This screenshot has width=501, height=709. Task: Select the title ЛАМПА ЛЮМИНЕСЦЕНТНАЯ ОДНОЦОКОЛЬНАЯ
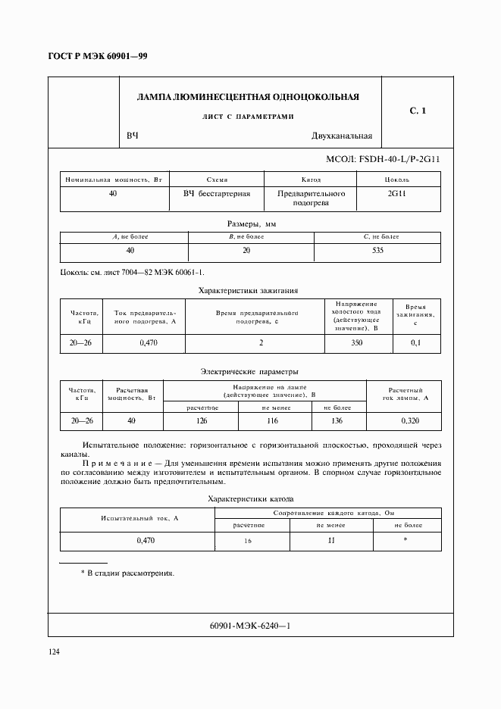tap(247, 97)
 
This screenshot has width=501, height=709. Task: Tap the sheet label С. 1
tap(418, 111)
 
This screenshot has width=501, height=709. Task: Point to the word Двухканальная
tap(341, 136)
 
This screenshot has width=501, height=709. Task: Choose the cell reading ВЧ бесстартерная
tap(217, 194)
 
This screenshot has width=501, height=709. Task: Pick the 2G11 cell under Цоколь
tap(396, 194)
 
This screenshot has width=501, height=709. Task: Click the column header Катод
tap(311, 180)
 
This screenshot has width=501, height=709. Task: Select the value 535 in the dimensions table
tap(377, 250)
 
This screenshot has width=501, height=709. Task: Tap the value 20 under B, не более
tap(250, 250)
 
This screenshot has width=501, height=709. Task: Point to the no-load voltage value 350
tap(357, 343)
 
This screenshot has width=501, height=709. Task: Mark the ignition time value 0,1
tap(415, 343)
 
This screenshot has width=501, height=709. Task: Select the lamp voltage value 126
tap(202, 420)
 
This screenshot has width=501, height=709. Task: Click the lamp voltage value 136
tap(337, 420)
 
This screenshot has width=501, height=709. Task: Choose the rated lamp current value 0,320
tap(409, 420)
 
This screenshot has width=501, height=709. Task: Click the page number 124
tap(55, 652)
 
